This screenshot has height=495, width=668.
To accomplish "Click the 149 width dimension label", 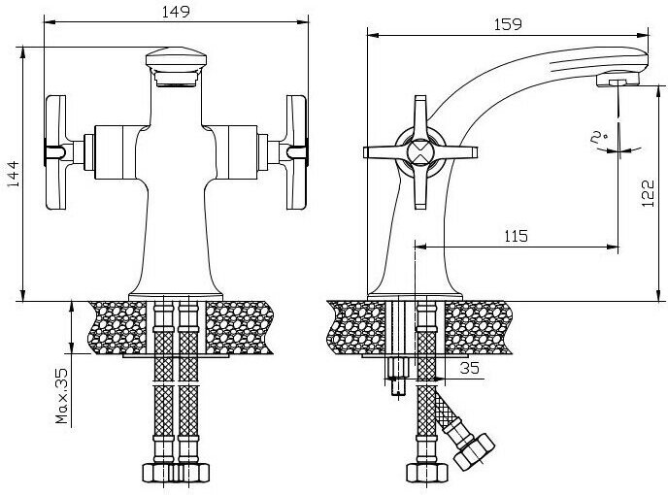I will point(175,13).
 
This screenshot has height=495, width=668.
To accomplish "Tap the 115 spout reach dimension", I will point(516,236).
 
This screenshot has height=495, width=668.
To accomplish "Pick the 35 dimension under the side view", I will point(469,369).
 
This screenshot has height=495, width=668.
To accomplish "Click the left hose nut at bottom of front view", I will point(161,474).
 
